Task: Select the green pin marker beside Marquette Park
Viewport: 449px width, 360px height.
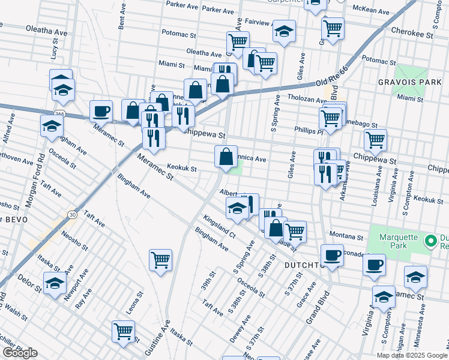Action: click(x=430, y=241)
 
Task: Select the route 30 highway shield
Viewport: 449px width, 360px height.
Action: click(x=72, y=214)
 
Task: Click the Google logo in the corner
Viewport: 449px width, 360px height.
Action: click(x=20, y=353)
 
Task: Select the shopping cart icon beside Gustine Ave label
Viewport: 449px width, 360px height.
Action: click(x=160, y=260)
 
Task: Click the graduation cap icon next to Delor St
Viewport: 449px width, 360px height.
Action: click(x=55, y=282)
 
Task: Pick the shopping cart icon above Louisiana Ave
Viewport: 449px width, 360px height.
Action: click(x=375, y=140)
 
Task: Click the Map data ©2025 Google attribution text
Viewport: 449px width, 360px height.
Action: click(x=412, y=355)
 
